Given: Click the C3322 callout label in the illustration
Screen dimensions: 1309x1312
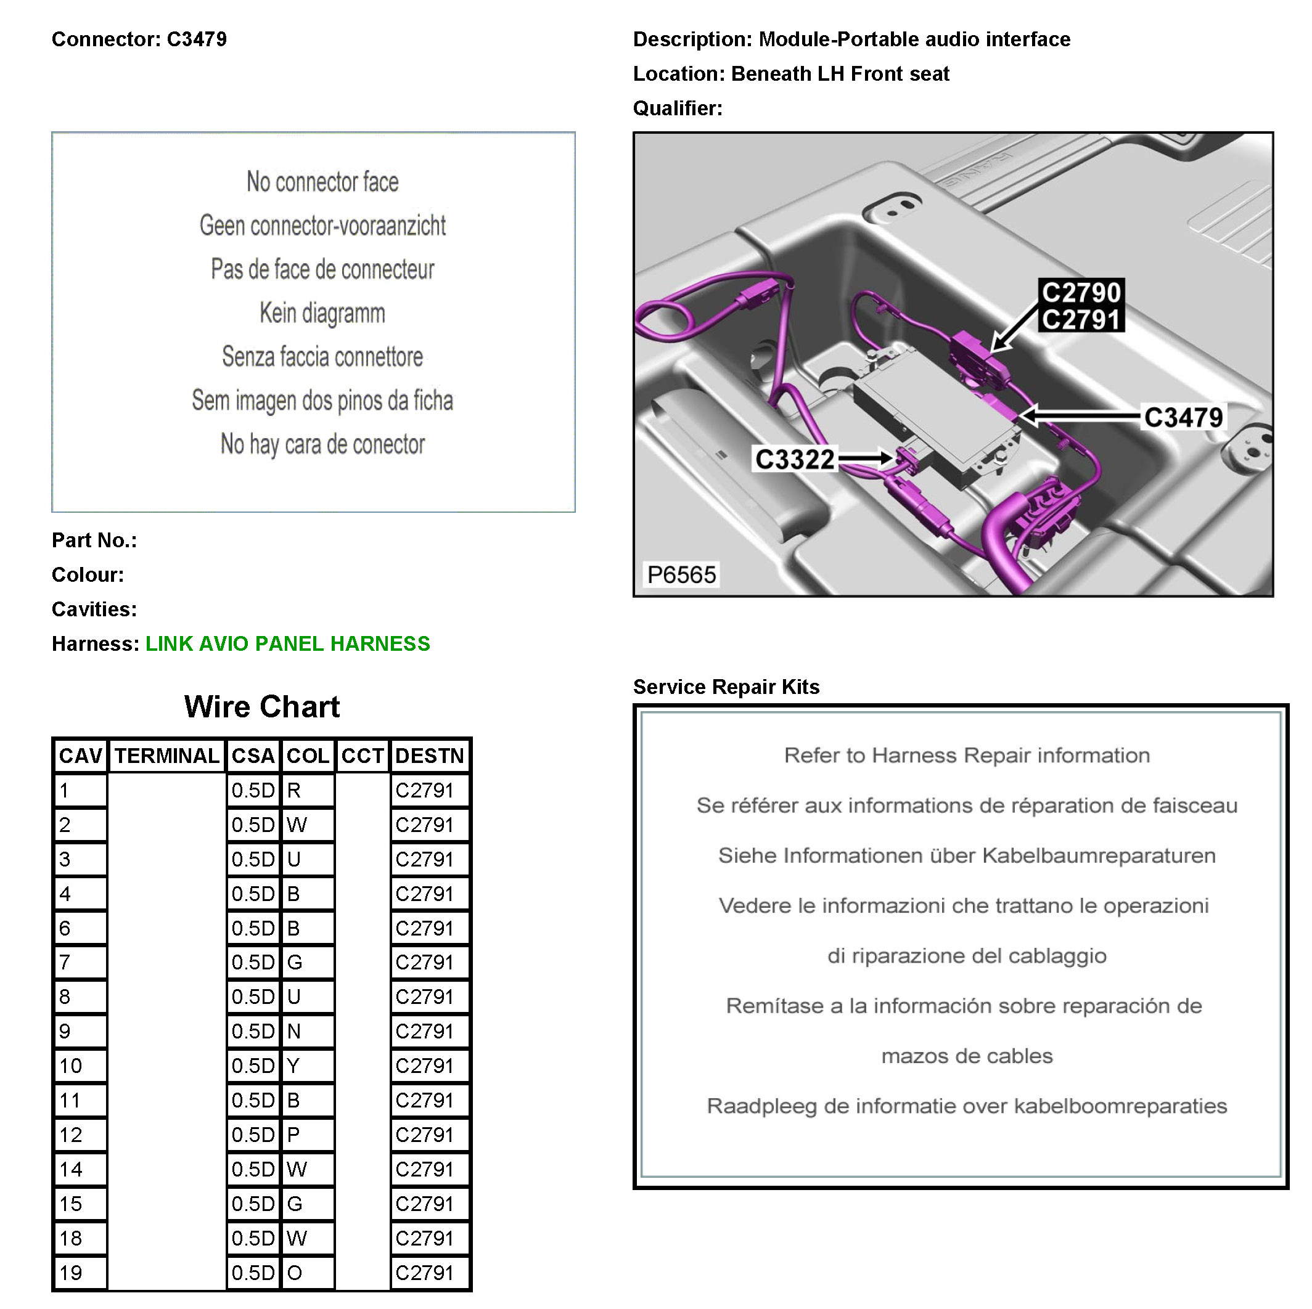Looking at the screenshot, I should pyautogui.click(x=795, y=460).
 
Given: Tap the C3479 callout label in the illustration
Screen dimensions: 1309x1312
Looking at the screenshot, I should pyautogui.click(x=1183, y=417).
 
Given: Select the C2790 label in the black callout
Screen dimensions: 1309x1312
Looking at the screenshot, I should pyautogui.click(x=1081, y=293).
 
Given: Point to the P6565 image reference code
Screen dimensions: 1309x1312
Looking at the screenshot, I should pyautogui.click(x=681, y=574).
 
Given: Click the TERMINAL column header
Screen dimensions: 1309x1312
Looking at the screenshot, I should pyautogui.click(x=166, y=756).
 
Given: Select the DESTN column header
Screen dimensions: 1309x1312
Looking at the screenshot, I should pyautogui.click(x=429, y=756).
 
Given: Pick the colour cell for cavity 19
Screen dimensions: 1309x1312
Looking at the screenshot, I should pyautogui.click(x=307, y=1273).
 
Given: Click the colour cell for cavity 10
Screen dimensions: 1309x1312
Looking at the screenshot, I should pyautogui.click(x=307, y=1066).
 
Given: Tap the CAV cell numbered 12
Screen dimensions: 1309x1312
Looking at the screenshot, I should pyautogui.click(x=80, y=1135).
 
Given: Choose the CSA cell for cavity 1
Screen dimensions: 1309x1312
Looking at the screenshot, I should pyautogui.click(x=253, y=790).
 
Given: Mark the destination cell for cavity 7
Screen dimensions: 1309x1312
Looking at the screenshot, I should pyautogui.click(x=429, y=962).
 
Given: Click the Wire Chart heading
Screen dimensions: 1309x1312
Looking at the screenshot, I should pyautogui.click(x=261, y=707).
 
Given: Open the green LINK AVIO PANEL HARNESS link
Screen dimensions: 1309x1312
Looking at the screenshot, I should pyautogui.click(x=288, y=643).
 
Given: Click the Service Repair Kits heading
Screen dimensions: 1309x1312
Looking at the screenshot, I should pyautogui.click(x=726, y=687).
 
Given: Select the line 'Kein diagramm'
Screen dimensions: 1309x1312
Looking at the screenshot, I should pyautogui.click(x=322, y=313).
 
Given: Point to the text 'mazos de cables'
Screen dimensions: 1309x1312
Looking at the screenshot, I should pyautogui.click(x=966, y=1056).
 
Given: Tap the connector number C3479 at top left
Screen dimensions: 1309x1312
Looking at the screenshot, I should pyautogui.click(x=196, y=39).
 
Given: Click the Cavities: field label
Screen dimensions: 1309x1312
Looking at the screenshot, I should pyautogui.click(x=94, y=609).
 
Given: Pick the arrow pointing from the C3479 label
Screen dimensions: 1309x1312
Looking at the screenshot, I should pyautogui.click(x=1080, y=415).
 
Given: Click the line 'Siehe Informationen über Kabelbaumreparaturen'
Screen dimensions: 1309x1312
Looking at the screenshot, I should pyautogui.click(x=966, y=855).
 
